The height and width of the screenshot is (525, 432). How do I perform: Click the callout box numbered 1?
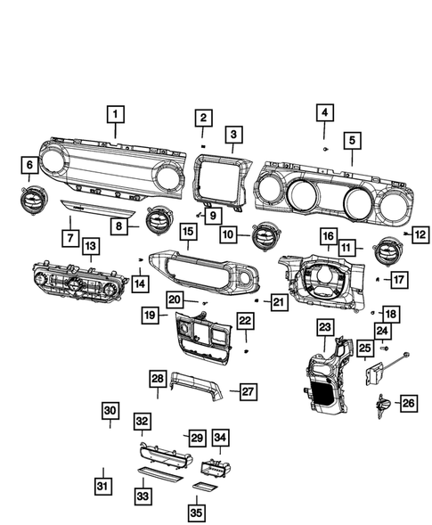click(117, 114)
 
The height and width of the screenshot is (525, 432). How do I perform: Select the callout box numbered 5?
click(352, 140)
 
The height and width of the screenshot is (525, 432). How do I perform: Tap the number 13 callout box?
click(91, 244)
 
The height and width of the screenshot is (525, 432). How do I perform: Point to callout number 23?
click(324, 328)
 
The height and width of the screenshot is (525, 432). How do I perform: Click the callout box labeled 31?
click(103, 485)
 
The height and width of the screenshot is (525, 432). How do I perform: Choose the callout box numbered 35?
click(195, 513)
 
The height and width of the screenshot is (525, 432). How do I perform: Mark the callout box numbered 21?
click(280, 303)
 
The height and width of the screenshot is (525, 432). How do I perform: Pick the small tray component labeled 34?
click(214, 465)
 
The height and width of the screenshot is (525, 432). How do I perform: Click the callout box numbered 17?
click(398, 279)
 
